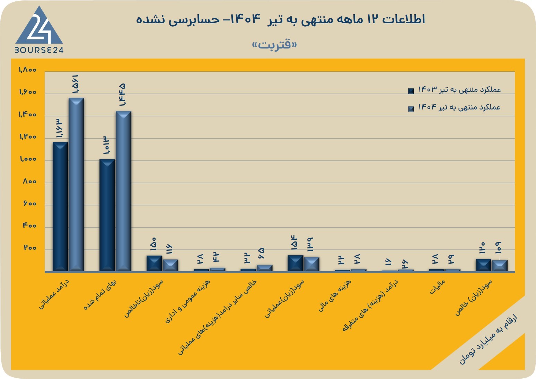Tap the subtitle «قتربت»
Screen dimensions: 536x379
coord(274,44)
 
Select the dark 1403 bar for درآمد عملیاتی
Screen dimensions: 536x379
coord(60,207)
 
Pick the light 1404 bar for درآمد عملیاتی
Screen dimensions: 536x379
coord(76,184)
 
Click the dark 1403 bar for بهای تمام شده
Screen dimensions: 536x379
coord(107,215)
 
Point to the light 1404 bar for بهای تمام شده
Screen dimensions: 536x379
coord(123,191)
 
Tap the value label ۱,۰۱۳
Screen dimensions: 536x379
coord(106,145)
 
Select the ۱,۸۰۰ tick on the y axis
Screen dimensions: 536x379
coord(27,70)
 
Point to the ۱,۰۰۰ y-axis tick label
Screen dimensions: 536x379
coord(28,159)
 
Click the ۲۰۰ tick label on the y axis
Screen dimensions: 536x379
coord(30,248)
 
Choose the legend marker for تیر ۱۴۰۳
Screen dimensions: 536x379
coord(411,91)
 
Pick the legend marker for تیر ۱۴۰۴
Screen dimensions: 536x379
coord(411,109)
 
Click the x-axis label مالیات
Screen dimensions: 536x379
coord(437,287)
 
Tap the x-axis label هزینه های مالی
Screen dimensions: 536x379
coord(335,295)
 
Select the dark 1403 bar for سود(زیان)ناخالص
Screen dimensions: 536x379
coord(154,263)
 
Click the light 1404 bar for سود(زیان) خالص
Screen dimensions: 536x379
coord(500,266)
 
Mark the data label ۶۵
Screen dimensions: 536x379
coord(262,254)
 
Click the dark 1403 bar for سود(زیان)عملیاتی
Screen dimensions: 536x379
coord(296,263)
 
